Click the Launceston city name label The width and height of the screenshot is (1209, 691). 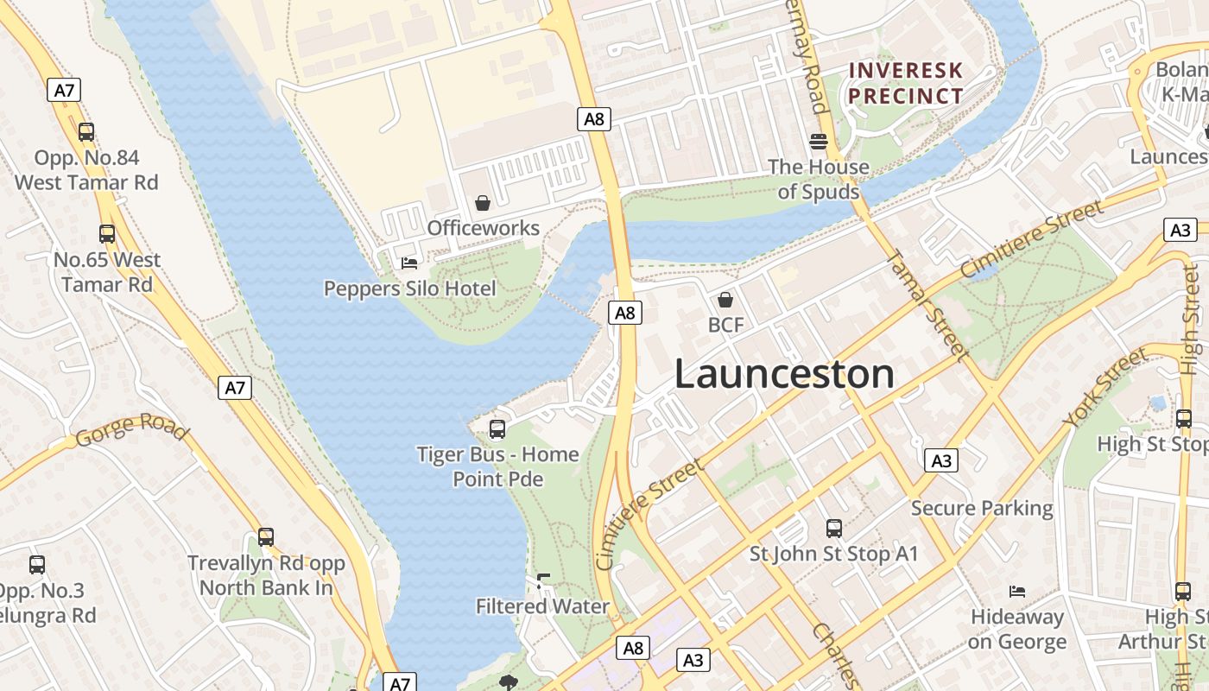point(784,374)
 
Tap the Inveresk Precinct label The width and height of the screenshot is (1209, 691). point(905,83)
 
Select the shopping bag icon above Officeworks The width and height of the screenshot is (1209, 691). point(483,203)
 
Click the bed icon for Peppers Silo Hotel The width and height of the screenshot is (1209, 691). point(409,263)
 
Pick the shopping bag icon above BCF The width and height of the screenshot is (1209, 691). point(725,300)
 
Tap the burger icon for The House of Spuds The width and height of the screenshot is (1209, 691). point(818,141)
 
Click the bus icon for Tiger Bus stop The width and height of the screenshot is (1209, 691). point(497,428)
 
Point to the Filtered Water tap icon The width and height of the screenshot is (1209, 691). point(542,580)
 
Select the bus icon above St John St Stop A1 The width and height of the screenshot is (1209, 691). point(833,528)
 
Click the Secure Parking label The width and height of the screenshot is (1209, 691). point(982,508)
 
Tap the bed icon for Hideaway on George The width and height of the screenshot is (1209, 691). point(1017,591)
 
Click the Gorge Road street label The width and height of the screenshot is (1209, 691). point(131,429)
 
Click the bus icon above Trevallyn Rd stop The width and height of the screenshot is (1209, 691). point(266,537)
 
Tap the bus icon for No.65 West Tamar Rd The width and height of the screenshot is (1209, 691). point(107,234)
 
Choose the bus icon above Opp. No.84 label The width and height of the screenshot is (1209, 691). point(86,132)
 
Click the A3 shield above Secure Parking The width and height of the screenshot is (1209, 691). point(941,460)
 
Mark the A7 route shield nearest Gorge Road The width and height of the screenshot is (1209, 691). point(235,388)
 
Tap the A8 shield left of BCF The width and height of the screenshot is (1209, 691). point(625,313)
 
